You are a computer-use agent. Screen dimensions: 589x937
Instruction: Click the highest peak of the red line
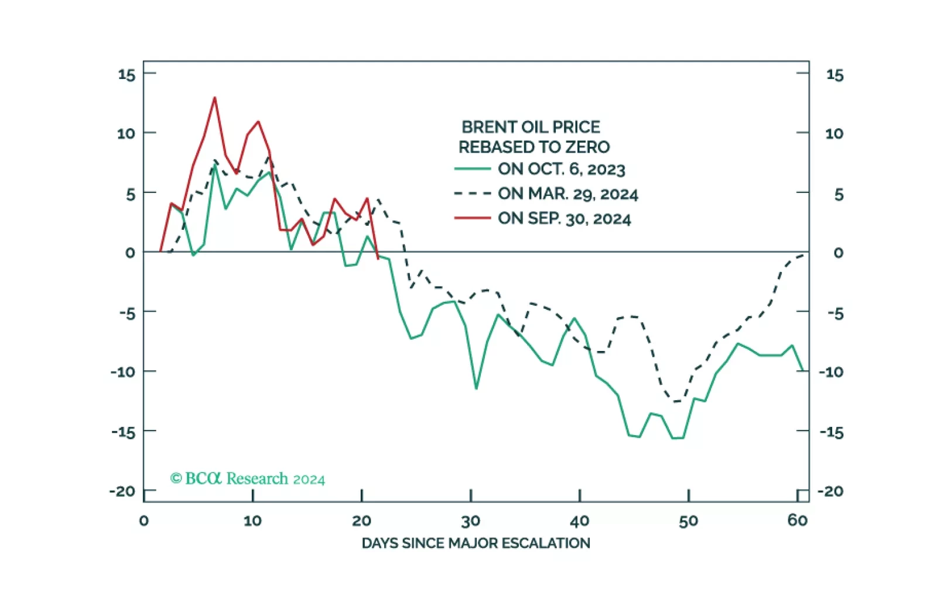(215, 98)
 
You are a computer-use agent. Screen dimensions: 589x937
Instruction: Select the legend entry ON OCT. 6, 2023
(561, 169)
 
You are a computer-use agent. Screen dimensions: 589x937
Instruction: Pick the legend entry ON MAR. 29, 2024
(567, 194)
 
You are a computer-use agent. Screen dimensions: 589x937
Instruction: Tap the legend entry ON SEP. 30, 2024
(564, 219)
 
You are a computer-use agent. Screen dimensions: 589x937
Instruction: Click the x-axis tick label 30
(470, 521)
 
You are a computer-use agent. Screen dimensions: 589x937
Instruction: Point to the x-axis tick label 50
(688, 521)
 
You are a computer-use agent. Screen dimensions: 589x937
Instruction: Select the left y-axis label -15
(123, 432)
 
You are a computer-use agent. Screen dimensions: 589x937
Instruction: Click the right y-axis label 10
(834, 133)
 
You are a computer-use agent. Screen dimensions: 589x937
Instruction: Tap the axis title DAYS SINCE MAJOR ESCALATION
(476, 543)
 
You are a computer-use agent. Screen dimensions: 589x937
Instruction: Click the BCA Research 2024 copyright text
(247, 478)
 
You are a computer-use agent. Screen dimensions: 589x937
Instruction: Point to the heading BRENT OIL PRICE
(531, 127)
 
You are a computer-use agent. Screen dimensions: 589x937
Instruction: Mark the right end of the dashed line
(803, 255)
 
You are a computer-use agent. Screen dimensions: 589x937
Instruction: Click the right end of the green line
(802, 370)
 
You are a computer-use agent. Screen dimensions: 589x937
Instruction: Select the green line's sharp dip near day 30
(476, 388)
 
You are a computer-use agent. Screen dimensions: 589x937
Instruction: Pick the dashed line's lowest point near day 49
(677, 402)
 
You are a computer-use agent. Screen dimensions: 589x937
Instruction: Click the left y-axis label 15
(126, 74)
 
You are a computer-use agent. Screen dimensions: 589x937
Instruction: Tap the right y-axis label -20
(830, 491)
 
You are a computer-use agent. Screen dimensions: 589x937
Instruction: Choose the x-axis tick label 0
(144, 521)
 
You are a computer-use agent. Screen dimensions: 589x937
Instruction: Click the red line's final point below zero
(378, 258)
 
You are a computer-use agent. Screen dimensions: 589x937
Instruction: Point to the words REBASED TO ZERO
(534, 147)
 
